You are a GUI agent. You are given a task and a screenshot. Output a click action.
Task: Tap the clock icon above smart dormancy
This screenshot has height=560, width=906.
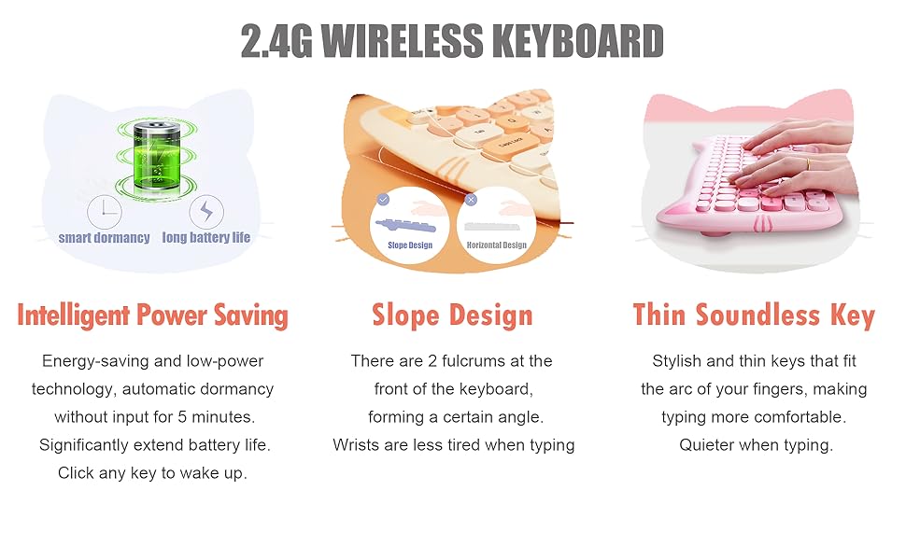click(104, 212)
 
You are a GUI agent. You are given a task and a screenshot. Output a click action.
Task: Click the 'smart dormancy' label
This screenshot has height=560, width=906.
click(104, 238)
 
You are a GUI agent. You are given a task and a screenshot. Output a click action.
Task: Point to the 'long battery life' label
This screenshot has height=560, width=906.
click(206, 238)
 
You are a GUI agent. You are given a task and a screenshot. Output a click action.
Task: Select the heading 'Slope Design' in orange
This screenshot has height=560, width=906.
click(452, 315)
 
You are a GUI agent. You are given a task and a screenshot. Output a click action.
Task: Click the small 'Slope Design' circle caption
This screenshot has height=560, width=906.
click(410, 245)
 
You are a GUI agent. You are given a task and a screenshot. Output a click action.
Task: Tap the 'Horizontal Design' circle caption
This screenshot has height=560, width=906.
click(496, 245)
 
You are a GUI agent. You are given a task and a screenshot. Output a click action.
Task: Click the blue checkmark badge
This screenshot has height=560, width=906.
click(383, 199)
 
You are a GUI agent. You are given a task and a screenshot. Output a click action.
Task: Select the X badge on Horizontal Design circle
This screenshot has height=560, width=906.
click(471, 199)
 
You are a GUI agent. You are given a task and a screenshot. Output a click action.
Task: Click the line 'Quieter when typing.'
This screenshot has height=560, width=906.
click(756, 445)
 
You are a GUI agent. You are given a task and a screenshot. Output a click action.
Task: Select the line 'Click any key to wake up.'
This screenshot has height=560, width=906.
click(152, 473)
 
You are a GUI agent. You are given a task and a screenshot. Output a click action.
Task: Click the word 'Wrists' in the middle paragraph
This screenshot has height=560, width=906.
click(355, 445)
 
